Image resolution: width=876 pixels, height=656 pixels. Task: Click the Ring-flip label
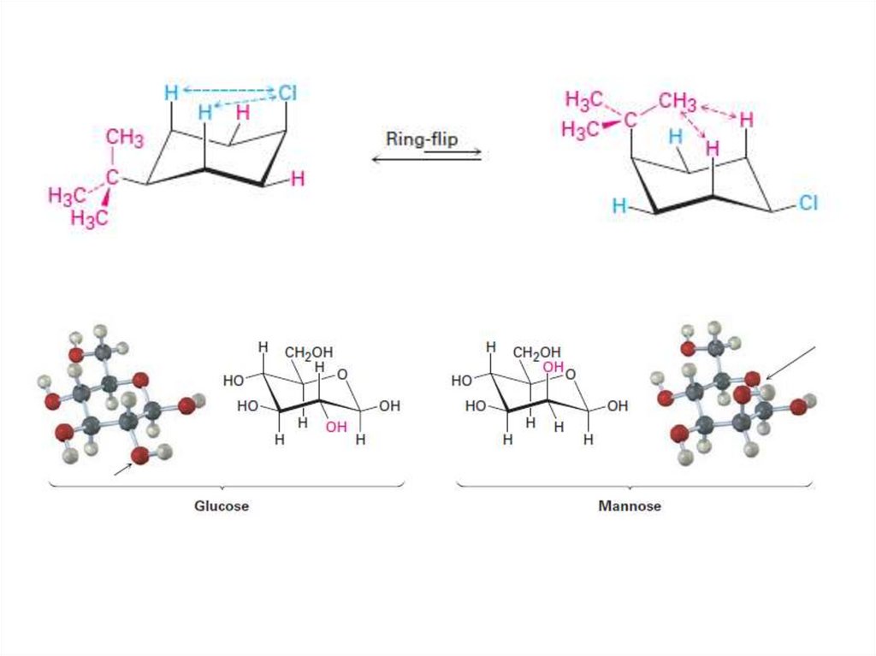click(x=422, y=139)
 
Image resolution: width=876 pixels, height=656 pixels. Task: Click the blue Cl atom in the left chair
click(x=286, y=93)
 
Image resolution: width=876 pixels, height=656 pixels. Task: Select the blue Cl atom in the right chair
click(x=808, y=204)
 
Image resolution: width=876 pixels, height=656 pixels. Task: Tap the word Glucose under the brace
click(x=222, y=505)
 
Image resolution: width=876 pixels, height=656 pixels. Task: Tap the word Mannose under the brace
click(x=630, y=505)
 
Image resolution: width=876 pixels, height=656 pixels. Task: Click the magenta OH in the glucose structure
click(x=336, y=427)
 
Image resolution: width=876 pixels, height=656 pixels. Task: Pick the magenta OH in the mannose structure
click(x=553, y=367)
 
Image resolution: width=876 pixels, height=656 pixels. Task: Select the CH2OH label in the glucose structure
click(x=310, y=352)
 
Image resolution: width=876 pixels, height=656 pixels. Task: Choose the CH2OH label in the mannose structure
click(x=537, y=352)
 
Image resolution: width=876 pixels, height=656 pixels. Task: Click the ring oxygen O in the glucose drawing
click(x=342, y=373)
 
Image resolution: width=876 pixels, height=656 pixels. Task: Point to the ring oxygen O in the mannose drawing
click(x=570, y=373)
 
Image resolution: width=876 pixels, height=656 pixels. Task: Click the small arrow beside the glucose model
click(x=124, y=466)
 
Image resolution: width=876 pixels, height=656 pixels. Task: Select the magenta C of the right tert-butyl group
click(x=630, y=120)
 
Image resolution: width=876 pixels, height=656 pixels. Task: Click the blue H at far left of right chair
click(x=619, y=206)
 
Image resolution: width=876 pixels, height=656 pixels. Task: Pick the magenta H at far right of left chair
click(x=297, y=179)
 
